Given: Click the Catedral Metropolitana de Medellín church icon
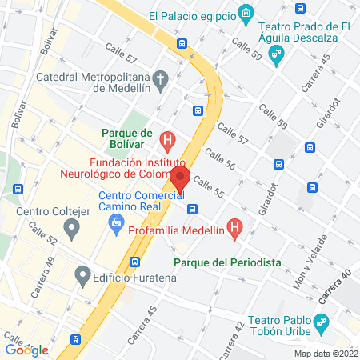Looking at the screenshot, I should coord(161,79).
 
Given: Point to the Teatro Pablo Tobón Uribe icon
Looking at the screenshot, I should coord(322,323).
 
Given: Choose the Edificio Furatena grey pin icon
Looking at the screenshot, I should coord(82,278).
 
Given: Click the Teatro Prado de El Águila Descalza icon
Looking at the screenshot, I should coord(277,55).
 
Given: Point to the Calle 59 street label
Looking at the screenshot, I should coord(246,47).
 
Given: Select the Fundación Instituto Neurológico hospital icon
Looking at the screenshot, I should coord(167,142).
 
